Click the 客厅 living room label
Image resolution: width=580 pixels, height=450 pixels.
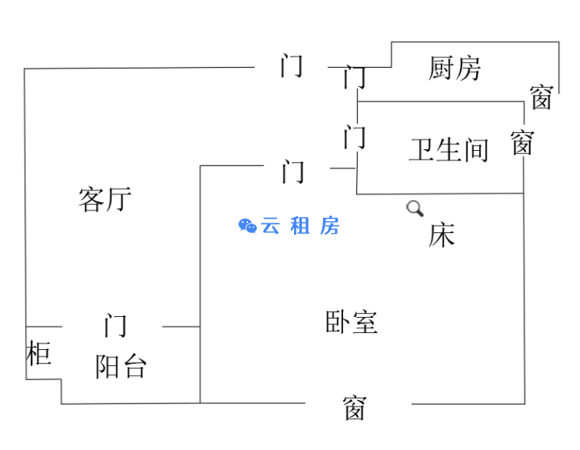coord(105,198)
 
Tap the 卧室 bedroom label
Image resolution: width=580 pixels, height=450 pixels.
coord(351,323)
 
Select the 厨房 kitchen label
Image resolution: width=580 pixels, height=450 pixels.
coord(454,69)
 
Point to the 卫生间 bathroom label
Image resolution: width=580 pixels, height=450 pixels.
coord(449,150)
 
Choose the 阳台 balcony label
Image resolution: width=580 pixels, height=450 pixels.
coord(121,367)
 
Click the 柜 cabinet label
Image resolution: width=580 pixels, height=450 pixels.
coord(39,353)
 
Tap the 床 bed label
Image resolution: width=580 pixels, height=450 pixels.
coord(441,235)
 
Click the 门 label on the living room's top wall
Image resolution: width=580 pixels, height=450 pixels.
coord(292,65)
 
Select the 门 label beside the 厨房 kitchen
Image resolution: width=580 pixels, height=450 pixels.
coord(354,77)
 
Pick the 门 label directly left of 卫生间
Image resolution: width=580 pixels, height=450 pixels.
coord(354,137)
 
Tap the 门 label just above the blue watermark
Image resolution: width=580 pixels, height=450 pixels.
coord(293,172)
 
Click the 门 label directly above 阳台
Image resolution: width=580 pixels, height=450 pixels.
coord(115,326)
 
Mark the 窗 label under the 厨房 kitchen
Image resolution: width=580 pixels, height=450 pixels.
coord(541,98)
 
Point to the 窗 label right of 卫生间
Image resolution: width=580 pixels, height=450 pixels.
coord(522,143)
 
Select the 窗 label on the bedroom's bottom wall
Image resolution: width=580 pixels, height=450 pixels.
coord(354,408)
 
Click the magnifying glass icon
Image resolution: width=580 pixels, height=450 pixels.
coord(415,208)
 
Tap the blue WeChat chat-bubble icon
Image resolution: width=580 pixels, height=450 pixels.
coord(247,226)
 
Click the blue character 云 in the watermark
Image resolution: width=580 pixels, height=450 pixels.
coord(271,226)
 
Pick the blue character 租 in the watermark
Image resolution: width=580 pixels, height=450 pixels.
coord(300,226)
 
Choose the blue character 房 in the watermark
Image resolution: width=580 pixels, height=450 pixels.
coord(329,226)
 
